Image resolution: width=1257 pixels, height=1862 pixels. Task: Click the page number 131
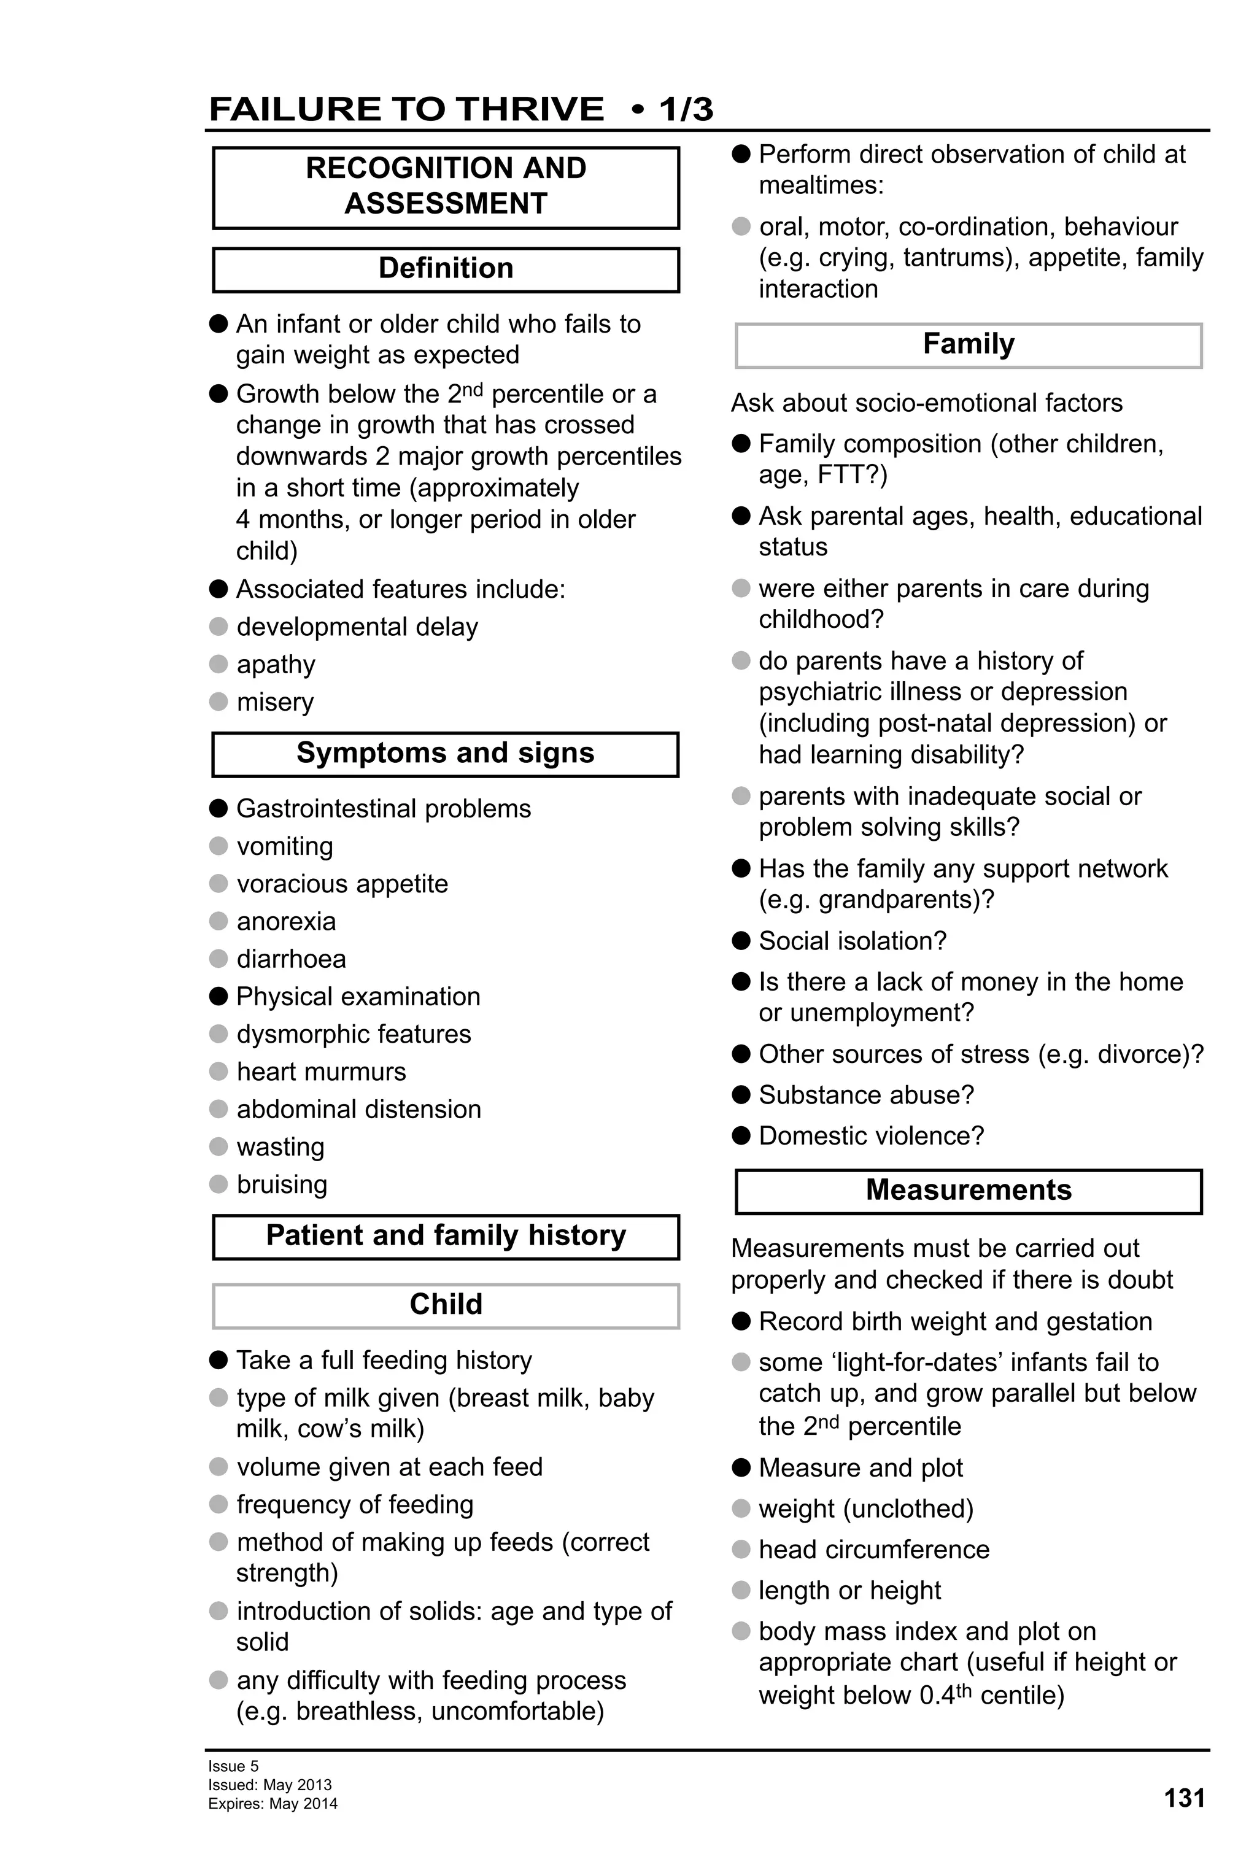1183,1798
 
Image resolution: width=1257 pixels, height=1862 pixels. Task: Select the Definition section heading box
446,269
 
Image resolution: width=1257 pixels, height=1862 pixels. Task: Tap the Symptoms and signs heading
446,753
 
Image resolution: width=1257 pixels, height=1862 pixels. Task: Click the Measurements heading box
968,1191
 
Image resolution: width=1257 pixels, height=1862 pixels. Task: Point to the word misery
275,702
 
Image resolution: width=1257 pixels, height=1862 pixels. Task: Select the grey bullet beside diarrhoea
219,958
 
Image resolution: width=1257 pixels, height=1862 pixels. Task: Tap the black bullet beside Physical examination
219,996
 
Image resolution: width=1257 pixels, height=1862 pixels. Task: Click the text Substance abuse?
866,1094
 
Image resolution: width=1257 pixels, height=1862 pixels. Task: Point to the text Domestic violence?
871,1135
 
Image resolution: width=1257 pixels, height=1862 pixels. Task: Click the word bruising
282,1184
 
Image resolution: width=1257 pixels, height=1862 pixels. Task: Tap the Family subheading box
968,344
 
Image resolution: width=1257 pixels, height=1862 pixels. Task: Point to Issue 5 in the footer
233,1766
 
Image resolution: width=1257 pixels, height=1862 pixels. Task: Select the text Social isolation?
853,941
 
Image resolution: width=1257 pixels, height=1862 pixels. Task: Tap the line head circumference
874,1549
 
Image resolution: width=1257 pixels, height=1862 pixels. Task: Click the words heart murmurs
321,1071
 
